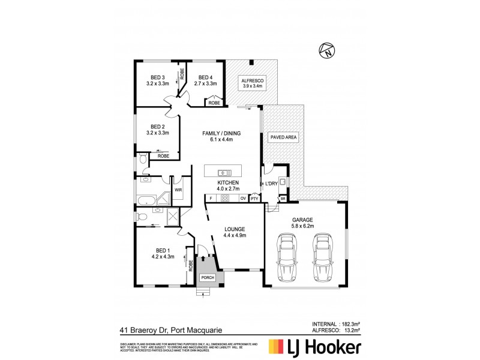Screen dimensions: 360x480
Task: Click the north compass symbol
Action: tap(328, 52)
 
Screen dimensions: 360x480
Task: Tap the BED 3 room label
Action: tap(158, 77)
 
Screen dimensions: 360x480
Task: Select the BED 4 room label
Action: tap(205, 77)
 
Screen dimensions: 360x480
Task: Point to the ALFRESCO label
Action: tap(252, 80)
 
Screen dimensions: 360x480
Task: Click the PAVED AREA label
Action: tap(283, 137)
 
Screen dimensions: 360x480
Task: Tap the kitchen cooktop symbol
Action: tap(226, 197)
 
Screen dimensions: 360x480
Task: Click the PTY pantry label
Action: tap(254, 198)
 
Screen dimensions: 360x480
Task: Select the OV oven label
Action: tap(243, 198)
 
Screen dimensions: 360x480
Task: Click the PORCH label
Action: tap(208, 277)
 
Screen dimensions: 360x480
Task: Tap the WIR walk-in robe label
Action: tap(178, 190)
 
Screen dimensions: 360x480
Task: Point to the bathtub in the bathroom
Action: tap(145, 200)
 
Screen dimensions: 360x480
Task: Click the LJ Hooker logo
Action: tap(314, 347)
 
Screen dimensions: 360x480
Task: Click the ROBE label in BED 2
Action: tap(163, 156)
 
